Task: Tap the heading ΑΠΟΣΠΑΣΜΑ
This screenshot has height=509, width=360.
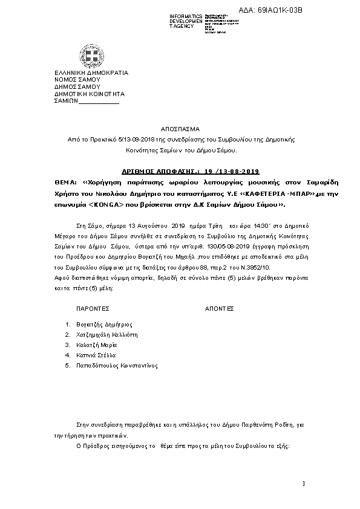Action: click(180, 129)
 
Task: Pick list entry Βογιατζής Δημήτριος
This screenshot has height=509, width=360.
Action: click(104, 325)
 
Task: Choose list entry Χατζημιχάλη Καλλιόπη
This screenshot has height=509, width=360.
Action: click(107, 335)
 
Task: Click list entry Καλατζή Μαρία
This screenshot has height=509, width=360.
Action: click(97, 345)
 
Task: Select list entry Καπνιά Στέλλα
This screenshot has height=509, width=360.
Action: click(96, 355)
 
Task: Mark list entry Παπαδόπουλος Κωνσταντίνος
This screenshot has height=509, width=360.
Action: click(117, 366)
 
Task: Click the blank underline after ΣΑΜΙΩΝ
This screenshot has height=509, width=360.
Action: click(100, 102)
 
